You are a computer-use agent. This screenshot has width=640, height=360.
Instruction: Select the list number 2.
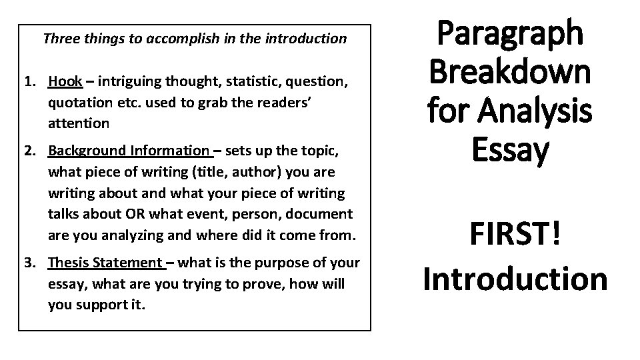coord(29,151)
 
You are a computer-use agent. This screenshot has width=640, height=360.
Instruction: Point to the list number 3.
coord(29,263)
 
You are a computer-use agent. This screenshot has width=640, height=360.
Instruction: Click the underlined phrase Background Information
coord(129,151)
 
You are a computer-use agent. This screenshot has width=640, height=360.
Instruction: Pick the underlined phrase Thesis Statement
coord(105,263)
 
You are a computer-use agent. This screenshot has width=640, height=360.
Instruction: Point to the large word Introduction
coord(514,278)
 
